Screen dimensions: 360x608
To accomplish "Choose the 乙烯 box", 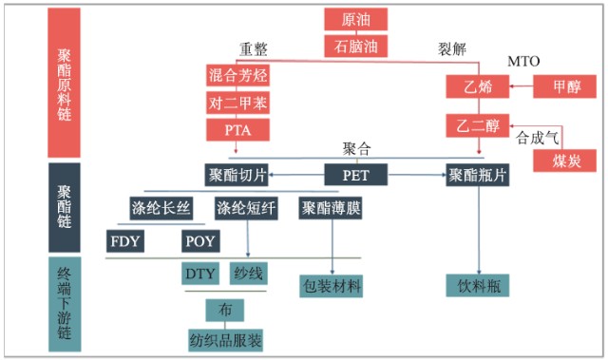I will click(x=478, y=87).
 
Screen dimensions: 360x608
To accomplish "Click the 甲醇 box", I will click(x=561, y=87).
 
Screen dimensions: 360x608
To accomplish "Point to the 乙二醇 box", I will click(x=478, y=124).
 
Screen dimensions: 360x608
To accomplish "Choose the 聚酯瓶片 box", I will click(x=478, y=175).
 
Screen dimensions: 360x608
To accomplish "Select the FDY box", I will click(x=125, y=240).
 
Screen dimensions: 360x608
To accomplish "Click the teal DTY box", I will click(x=200, y=274).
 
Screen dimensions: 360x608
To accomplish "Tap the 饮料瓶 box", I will click(x=478, y=285).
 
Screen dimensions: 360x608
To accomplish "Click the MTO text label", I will click(x=523, y=62).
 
